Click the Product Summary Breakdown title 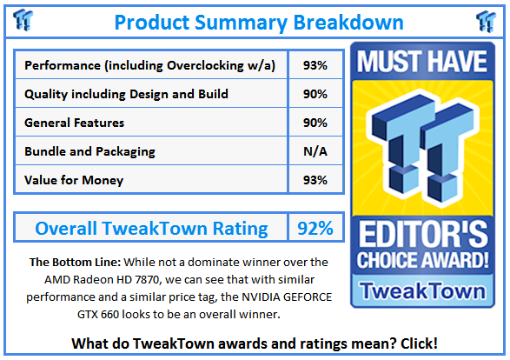click(x=259, y=21)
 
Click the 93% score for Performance click(x=315, y=65)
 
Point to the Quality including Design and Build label click(x=127, y=94)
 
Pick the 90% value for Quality click(x=315, y=94)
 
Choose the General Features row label click(x=75, y=123)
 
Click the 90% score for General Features click(x=315, y=123)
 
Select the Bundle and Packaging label click(x=90, y=151)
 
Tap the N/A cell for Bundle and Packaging click(x=315, y=151)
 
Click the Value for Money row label click(x=74, y=180)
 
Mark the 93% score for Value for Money click(x=315, y=180)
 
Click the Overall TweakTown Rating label click(x=151, y=229)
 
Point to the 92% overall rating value click(x=315, y=229)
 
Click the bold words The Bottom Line click(x=67, y=262)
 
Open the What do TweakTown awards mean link click(x=255, y=343)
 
